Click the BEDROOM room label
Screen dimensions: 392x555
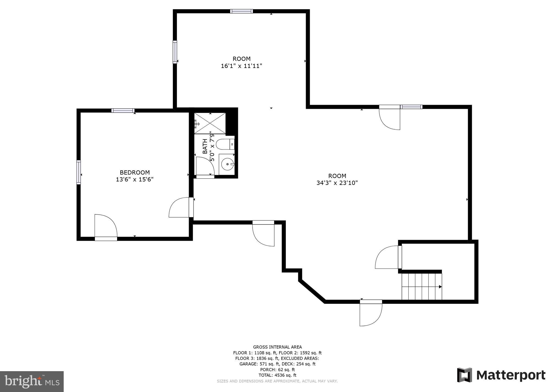click(135, 172)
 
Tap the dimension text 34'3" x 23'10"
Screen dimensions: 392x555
click(337, 183)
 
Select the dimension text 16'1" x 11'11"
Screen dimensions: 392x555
click(241, 66)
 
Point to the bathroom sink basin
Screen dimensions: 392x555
click(227, 164)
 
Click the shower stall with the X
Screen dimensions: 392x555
click(210, 123)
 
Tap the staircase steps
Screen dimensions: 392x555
click(421, 286)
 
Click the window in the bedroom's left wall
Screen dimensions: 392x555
click(79, 172)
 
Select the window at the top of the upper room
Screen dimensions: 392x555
click(241, 11)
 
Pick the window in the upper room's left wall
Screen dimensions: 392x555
click(175, 52)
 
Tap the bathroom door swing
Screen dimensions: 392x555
click(205, 166)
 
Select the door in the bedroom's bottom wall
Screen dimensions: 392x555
click(106, 226)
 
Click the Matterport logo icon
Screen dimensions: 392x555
click(464, 375)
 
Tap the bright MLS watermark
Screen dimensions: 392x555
click(32, 381)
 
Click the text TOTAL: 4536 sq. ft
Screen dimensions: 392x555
click(277, 375)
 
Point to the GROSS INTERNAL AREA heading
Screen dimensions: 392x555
click(277, 347)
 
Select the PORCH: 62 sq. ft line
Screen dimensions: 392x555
click(277, 370)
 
